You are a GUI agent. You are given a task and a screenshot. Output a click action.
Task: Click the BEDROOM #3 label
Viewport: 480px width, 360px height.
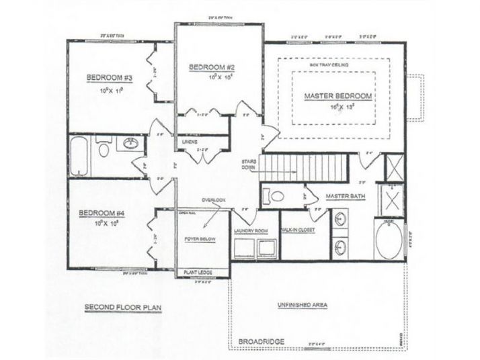click(109, 78)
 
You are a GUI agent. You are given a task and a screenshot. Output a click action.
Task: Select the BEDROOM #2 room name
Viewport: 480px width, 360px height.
click(211, 67)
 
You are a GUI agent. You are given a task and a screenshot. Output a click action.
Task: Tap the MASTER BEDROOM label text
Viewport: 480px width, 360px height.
click(338, 96)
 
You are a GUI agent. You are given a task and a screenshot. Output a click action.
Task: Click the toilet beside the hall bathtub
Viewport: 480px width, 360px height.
click(104, 148)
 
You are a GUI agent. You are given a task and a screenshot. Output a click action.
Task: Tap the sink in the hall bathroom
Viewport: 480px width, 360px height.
click(130, 143)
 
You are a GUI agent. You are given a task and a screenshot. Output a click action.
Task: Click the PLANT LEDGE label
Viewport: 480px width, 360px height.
click(198, 272)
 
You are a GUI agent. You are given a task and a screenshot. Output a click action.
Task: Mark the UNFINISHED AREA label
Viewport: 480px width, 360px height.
click(302, 305)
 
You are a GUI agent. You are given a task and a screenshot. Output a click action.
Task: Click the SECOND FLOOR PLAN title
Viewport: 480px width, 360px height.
click(123, 308)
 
